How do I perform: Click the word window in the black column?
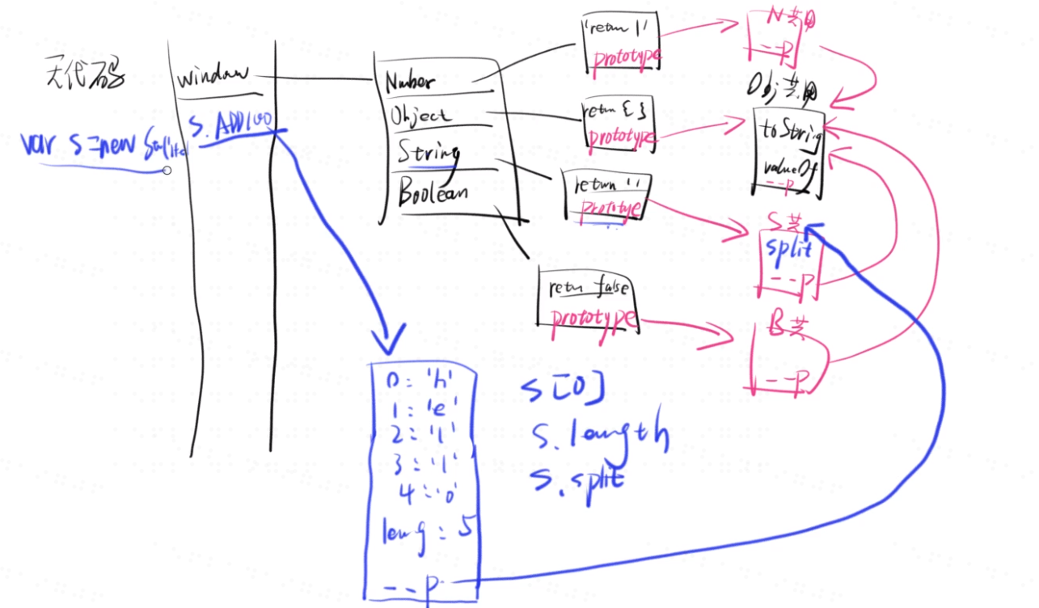[x=213, y=78]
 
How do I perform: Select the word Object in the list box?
[x=420, y=115]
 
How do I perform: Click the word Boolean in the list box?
[x=433, y=192]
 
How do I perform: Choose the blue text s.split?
[x=578, y=479]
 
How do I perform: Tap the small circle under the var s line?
[x=167, y=170]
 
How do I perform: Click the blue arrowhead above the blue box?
[x=386, y=343]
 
